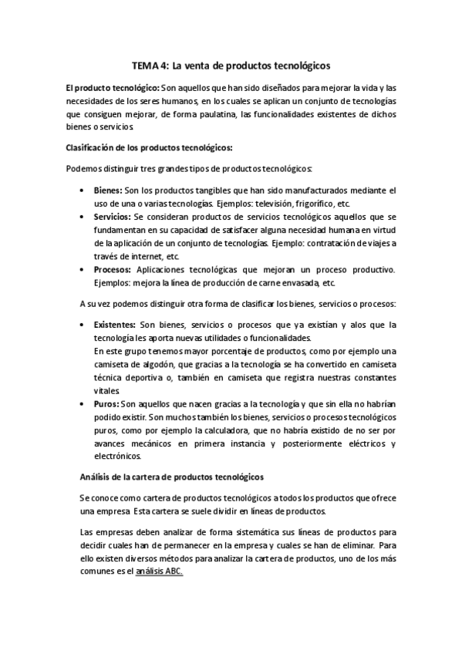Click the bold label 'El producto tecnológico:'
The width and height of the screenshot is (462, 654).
pos(113,88)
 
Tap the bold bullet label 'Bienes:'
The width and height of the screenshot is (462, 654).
pos(108,190)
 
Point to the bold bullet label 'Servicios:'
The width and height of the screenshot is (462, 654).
pos(113,217)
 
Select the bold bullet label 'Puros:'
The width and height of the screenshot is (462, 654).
pos(106,403)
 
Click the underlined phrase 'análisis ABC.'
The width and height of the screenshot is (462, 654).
pos(159,572)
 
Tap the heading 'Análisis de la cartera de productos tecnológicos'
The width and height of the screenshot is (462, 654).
pos(172,477)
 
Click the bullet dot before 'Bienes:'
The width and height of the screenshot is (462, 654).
pos(83,190)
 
